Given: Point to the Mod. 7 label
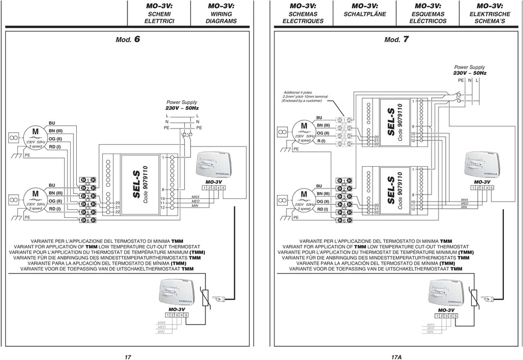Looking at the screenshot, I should click(396, 40).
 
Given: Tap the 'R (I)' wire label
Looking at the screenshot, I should click(323, 141).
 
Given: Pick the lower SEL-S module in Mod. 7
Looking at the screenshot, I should click(390, 190).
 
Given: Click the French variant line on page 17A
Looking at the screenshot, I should click(377, 252).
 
